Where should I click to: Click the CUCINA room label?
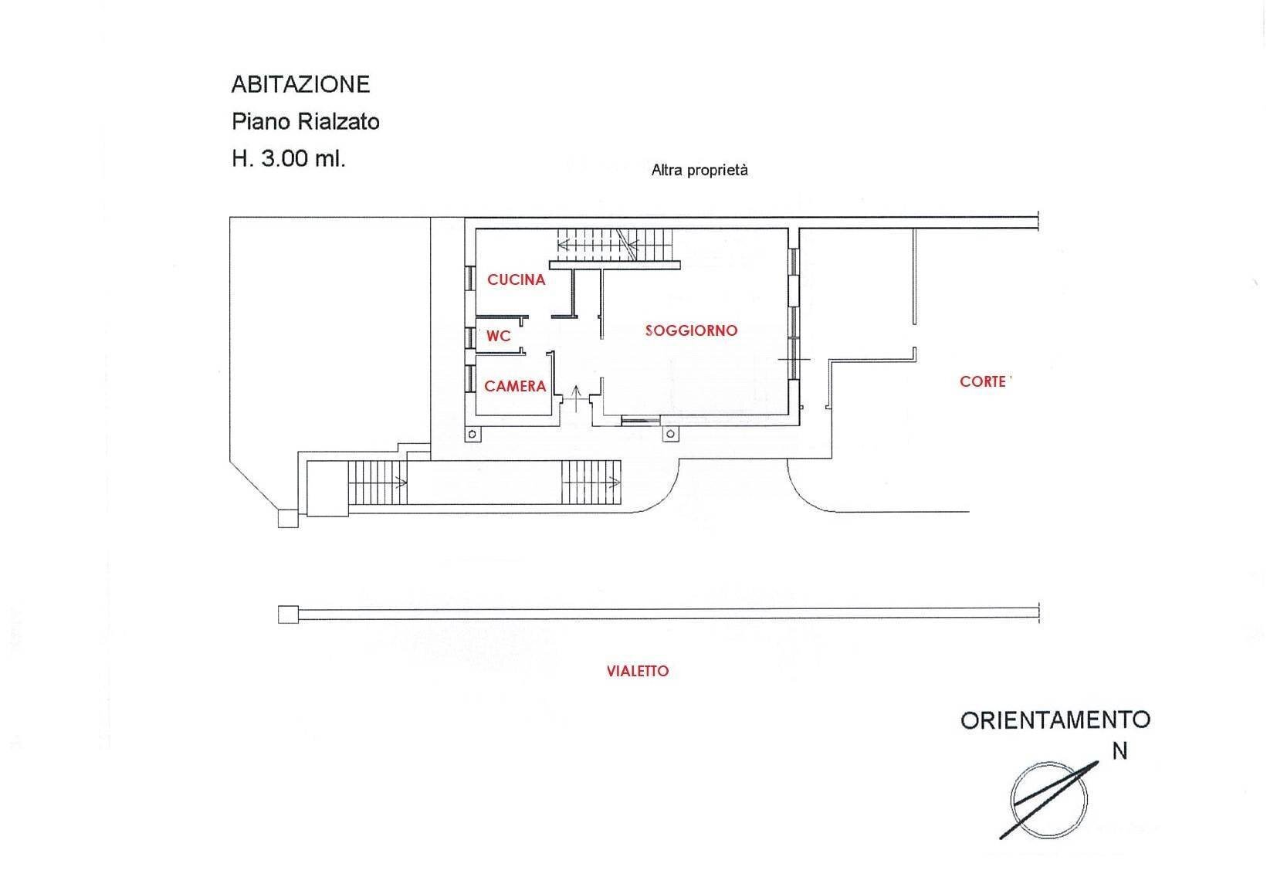pyautogui.click(x=516, y=279)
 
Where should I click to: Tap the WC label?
pyautogui.click(x=498, y=337)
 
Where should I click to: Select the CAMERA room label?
pyautogui.click(x=515, y=387)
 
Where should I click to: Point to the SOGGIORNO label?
pyautogui.click(x=691, y=330)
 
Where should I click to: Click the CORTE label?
pyautogui.click(x=983, y=381)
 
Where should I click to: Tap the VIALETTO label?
pyautogui.click(x=638, y=671)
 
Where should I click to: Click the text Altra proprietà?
pyautogui.click(x=699, y=170)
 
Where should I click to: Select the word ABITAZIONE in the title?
pyautogui.click(x=300, y=84)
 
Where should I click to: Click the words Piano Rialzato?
pyautogui.click(x=306, y=121)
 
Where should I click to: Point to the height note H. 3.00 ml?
pyautogui.click(x=289, y=158)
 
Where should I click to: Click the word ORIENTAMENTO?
pyautogui.click(x=1055, y=720)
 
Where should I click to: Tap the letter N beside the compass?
pyautogui.click(x=1119, y=751)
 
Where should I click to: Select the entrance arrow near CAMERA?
pyautogui.click(x=576, y=398)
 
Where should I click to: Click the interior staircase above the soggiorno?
pyautogui.click(x=615, y=246)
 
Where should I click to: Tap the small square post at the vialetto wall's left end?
pyautogui.click(x=288, y=615)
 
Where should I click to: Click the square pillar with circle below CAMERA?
pyautogui.click(x=472, y=435)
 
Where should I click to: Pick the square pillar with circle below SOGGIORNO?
pyautogui.click(x=670, y=435)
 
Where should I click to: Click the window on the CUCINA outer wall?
pyautogui.click(x=470, y=279)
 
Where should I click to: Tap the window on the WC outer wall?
pyautogui.click(x=470, y=337)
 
